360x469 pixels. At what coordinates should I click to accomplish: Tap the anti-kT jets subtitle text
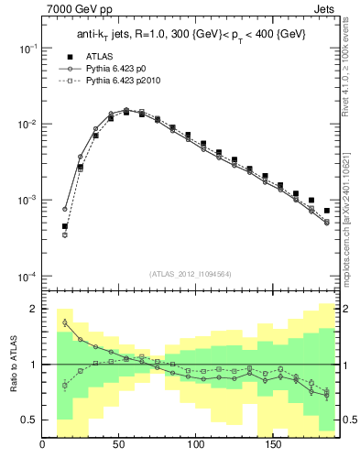pyautogui.click(x=191, y=35)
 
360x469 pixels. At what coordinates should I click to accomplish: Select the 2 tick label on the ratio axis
pyautogui.click(x=33, y=310)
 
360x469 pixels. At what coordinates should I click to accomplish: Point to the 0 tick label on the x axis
pyautogui.click(x=43, y=445)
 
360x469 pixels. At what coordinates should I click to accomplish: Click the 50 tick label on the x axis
pyautogui.click(x=119, y=445)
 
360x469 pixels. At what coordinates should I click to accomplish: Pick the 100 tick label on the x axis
pyautogui.click(x=195, y=445)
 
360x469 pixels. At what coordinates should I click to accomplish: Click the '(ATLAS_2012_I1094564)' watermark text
pyautogui.click(x=191, y=273)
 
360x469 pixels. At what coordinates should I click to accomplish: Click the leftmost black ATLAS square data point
pyautogui.click(x=65, y=226)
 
